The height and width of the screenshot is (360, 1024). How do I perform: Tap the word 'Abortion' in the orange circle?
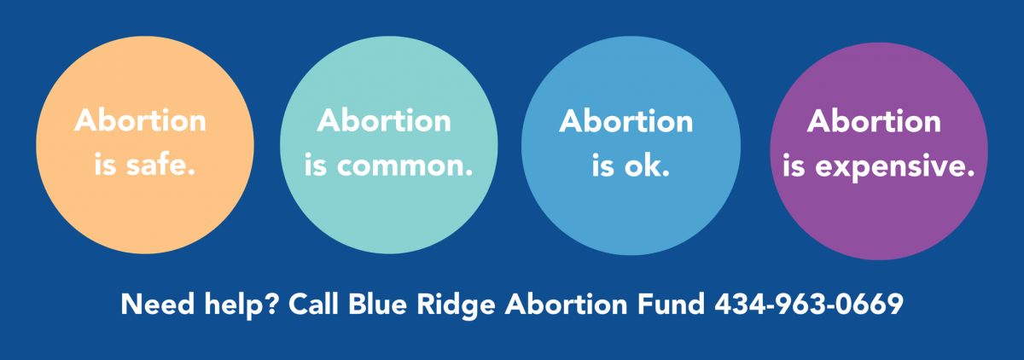[x=140, y=120]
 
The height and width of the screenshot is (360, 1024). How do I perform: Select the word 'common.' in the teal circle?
[x=404, y=165]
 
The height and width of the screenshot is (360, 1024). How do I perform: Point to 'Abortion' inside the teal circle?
[x=384, y=120]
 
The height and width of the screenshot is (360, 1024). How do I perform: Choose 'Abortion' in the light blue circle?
[x=625, y=121]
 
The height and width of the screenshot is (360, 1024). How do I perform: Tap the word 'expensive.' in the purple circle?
[x=895, y=166]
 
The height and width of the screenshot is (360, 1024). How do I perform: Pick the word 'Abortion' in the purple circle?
[x=874, y=121]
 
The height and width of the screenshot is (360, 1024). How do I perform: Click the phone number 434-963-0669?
[x=809, y=304]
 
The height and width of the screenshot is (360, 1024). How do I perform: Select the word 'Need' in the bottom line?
[x=158, y=304]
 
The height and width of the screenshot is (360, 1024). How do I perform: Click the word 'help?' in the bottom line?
[x=241, y=305]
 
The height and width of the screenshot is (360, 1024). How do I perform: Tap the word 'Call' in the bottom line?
[x=313, y=304]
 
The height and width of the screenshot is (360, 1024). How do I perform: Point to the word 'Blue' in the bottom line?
[x=377, y=304]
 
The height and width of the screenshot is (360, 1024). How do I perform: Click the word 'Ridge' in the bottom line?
[x=456, y=305]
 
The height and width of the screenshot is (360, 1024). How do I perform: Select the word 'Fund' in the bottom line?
[x=671, y=304]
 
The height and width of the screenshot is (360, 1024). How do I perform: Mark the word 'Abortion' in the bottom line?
[x=566, y=304]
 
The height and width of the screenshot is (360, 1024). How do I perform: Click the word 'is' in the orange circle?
[x=105, y=165]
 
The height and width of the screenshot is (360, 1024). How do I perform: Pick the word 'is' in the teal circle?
[x=316, y=165]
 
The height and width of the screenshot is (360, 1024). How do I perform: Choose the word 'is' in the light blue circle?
[x=603, y=165]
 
